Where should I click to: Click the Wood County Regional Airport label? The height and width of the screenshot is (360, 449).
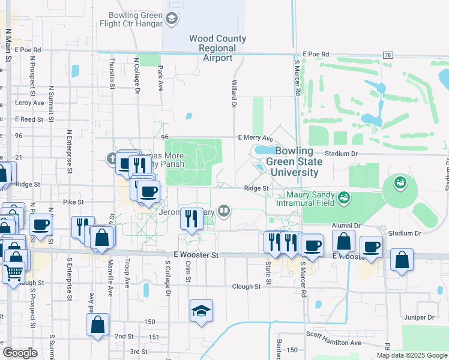pyautogui.click(x=217, y=48)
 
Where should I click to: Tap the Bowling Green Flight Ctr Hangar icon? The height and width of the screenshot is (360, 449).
pyautogui.click(x=172, y=19)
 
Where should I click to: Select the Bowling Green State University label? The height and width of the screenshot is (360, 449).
pyautogui.click(x=294, y=161)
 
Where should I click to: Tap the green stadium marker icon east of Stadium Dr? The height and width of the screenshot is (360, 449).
pyautogui.click(x=400, y=181)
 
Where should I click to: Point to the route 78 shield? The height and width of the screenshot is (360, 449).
pyautogui.click(x=388, y=55)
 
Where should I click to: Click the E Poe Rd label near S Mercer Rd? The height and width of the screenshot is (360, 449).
pyautogui.click(x=316, y=54)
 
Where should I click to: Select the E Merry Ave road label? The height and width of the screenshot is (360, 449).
pyautogui.click(x=255, y=137)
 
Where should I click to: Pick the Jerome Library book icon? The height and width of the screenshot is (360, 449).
pyautogui.click(x=224, y=210)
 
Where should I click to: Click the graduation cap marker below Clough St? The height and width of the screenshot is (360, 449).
pyautogui.click(x=201, y=310)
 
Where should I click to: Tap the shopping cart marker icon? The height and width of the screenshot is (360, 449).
pyautogui.click(x=13, y=273)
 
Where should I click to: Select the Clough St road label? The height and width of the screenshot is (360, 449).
pyautogui.click(x=247, y=286)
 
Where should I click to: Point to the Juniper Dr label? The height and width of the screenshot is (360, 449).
pyautogui.click(x=419, y=317)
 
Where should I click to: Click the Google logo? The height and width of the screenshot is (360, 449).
pyautogui.click(x=20, y=353)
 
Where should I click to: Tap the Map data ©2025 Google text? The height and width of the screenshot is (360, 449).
pyautogui.click(x=412, y=355)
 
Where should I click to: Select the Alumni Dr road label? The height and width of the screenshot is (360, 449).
pyautogui.click(x=348, y=226)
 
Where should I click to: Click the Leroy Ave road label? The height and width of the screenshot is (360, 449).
pyautogui.click(x=30, y=103)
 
